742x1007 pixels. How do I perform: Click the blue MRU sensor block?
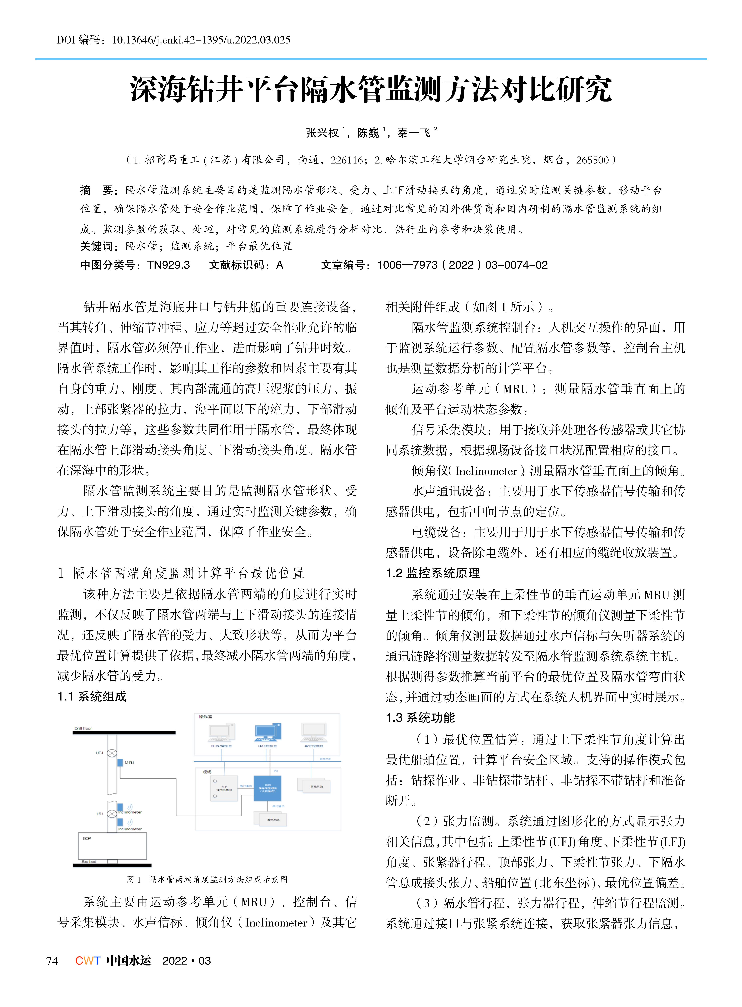[x=120, y=762]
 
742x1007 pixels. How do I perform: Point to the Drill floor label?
[x=83, y=728]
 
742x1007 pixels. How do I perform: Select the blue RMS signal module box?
[x=268, y=788]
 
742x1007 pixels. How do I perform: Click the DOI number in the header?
[x=201, y=40]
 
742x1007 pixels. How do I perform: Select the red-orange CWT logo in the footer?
[x=88, y=960]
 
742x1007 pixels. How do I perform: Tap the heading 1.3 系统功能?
[x=420, y=718]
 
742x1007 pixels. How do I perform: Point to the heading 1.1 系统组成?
[x=92, y=697]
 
